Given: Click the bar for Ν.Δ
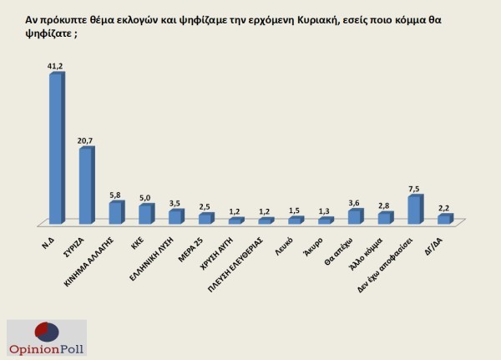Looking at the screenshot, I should click(x=55, y=150).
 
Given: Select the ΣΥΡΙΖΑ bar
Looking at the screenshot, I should click(x=85, y=186).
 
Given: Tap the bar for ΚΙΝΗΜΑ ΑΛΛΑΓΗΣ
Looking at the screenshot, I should click(x=115, y=213).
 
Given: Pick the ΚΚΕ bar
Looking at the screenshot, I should click(x=145, y=214).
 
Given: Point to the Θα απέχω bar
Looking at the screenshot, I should click(x=354, y=217).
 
